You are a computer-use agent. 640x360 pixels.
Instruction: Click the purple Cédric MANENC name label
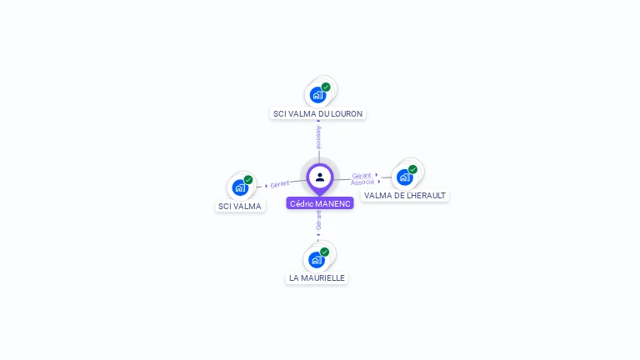point(320,203)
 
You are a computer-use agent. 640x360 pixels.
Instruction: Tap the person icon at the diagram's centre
point(320,177)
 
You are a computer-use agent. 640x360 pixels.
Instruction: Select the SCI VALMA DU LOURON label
point(318,113)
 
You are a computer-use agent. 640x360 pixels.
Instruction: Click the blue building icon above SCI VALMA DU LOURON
point(317,95)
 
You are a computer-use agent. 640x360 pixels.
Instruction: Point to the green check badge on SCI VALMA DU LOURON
point(326,87)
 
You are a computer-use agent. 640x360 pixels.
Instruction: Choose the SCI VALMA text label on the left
point(240,206)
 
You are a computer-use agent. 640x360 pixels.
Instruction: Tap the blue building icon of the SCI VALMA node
point(239,187)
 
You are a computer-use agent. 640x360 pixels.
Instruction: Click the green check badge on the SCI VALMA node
point(248,179)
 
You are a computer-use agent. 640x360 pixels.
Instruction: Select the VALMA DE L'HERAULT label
point(405,195)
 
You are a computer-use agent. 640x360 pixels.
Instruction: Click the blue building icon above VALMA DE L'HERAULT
point(404,177)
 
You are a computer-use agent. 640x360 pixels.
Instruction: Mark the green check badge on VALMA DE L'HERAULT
point(412,169)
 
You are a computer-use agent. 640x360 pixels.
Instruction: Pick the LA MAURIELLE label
point(317,277)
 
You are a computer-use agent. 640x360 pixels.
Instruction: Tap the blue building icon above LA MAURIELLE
point(316,259)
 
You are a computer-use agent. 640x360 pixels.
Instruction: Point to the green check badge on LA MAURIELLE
point(325,252)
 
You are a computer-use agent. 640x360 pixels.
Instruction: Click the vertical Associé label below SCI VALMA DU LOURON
point(318,137)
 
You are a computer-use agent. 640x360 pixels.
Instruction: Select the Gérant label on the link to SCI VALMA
point(279,183)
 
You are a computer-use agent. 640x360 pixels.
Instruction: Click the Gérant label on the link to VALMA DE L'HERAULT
point(362,175)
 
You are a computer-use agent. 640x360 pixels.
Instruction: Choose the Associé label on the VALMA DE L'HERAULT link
point(362,182)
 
